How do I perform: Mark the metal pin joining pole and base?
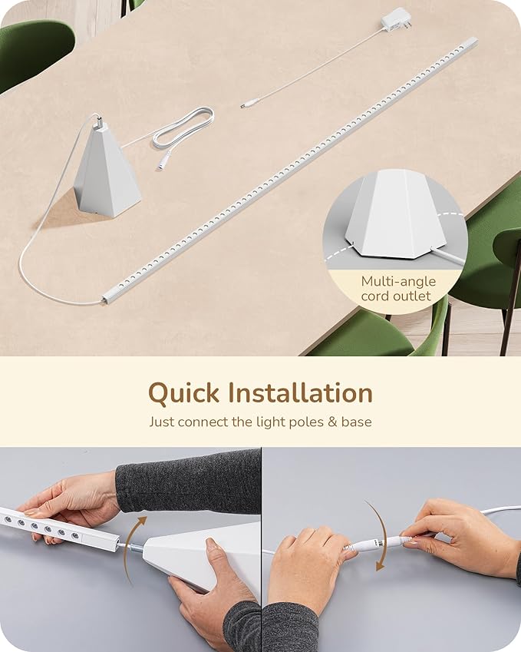click(x=130, y=548)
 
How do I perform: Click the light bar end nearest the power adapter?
click(x=469, y=44)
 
